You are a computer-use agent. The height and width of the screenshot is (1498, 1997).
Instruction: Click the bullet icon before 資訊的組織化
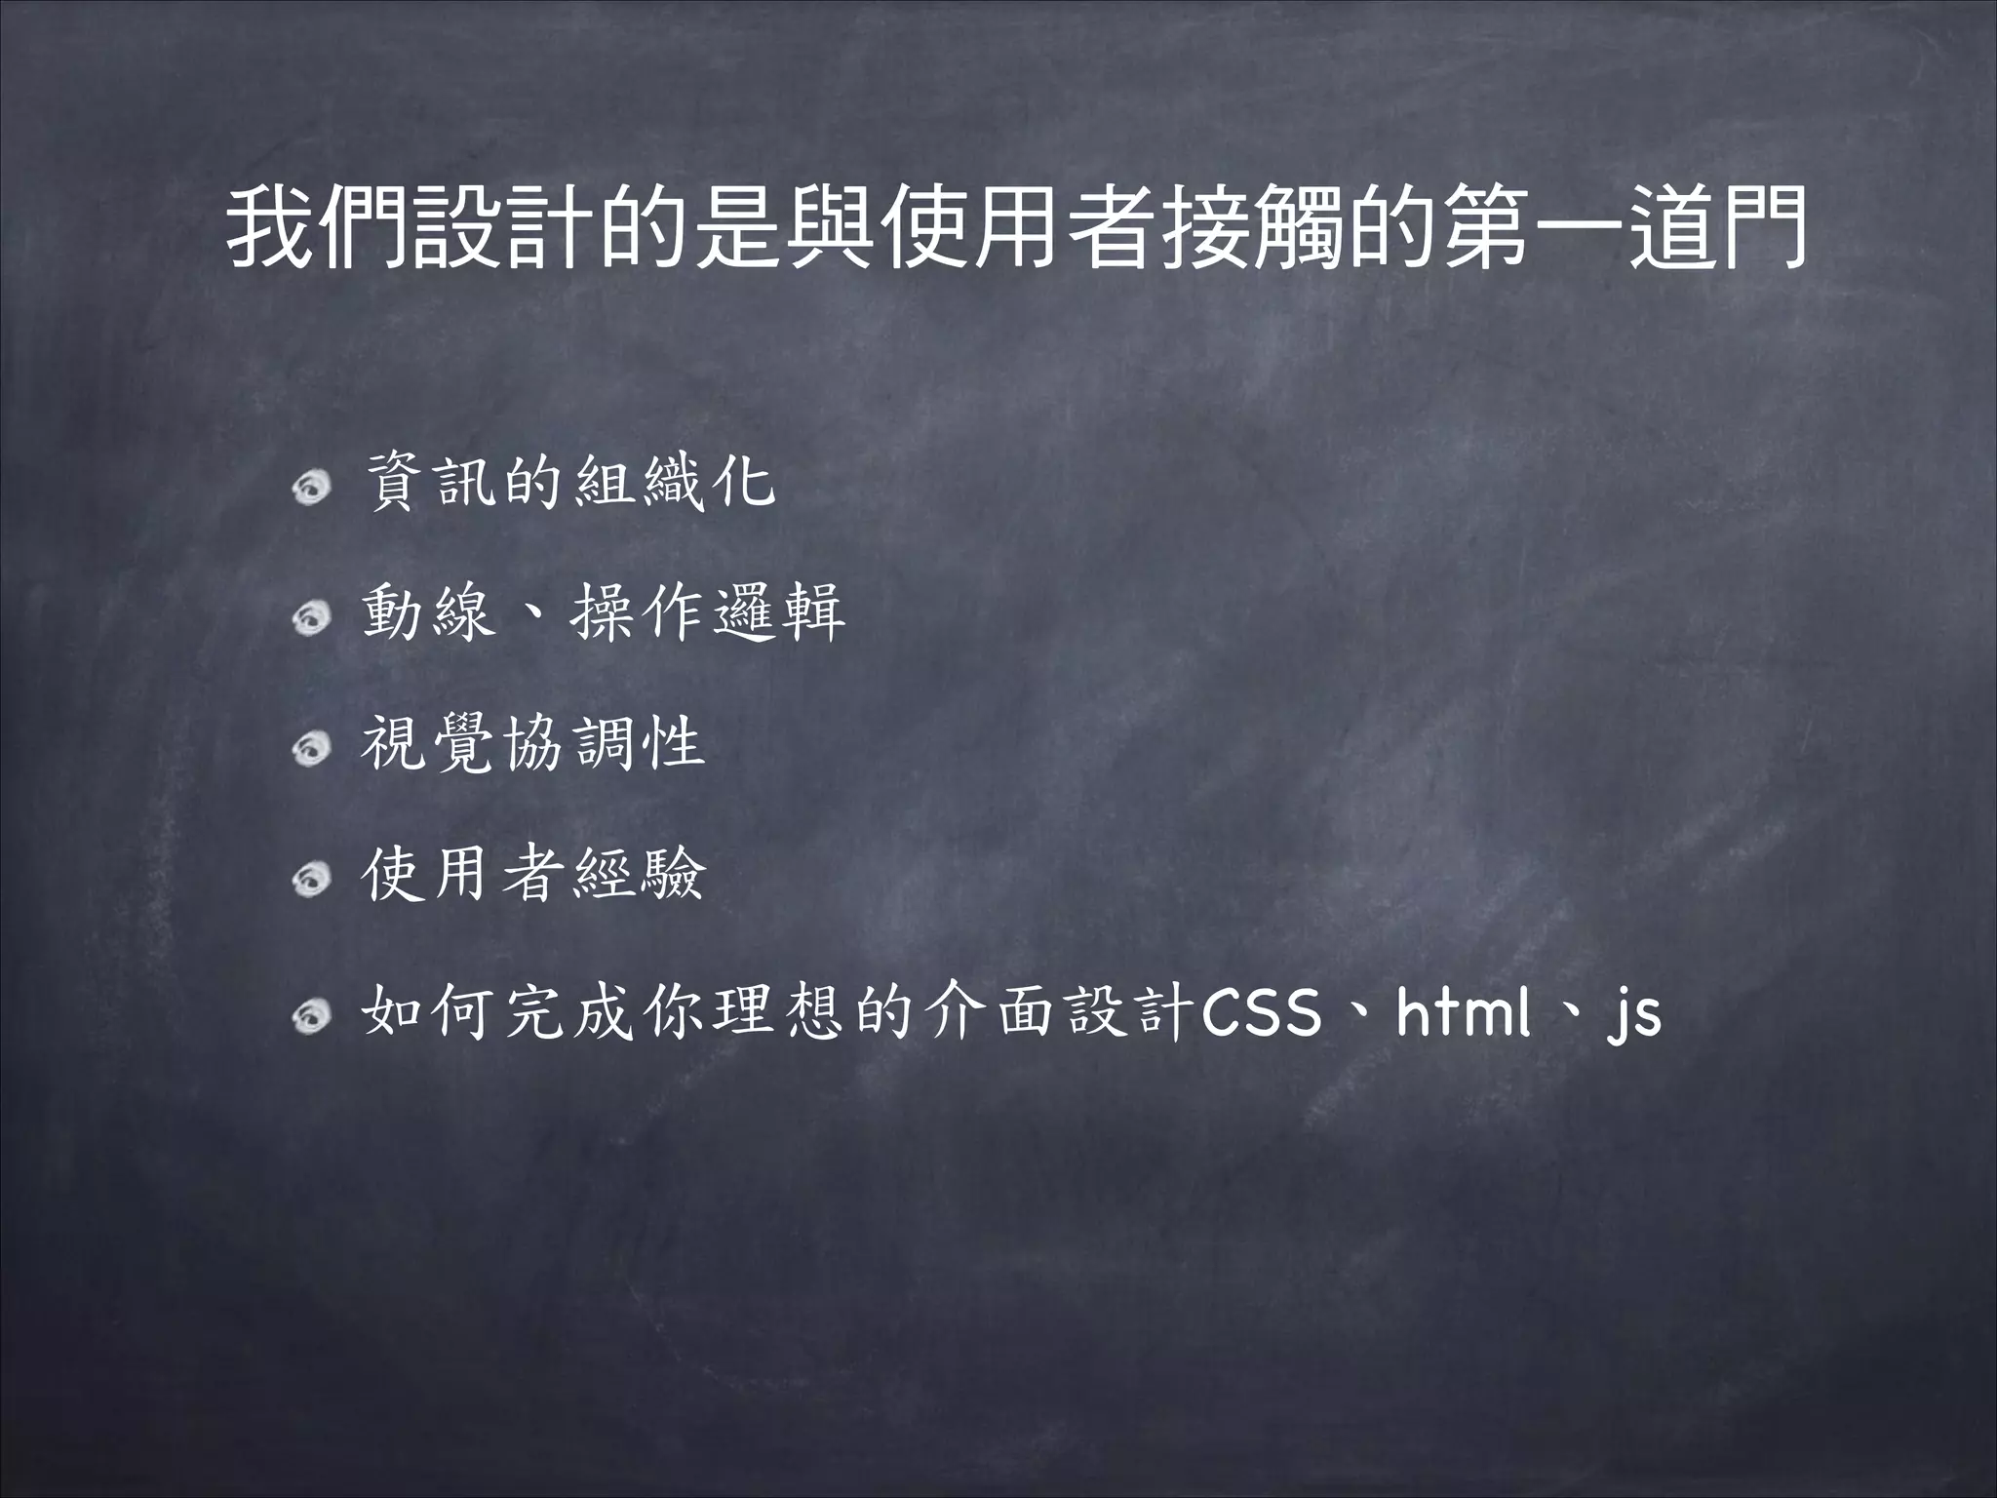[313, 486]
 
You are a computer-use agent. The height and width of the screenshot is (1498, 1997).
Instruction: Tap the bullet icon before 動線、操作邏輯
[313, 616]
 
